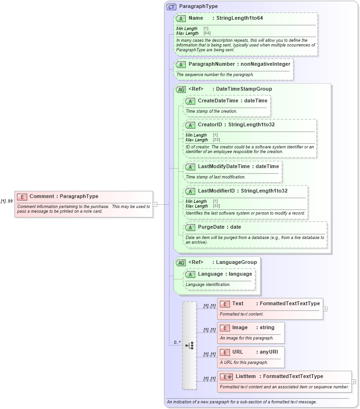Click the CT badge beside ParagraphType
(x=171, y=7)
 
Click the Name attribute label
(x=196, y=18)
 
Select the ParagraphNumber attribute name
(x=211, y=64)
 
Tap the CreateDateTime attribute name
(x=218, y=100)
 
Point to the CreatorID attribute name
(x=210, y=124)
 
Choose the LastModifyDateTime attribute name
(x=224, y=166)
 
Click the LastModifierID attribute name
(x=216, y=191)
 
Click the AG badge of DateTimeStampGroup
(x=181, y=89)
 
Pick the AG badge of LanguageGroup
(x=181, y=262)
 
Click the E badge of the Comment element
(x=22, y=197)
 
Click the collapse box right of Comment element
(x=155, y=204)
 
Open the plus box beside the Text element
(x=325, y=309)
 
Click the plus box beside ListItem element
(x=353, y=382)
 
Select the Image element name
(x=239, y=327)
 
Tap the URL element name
(x=237, y=352)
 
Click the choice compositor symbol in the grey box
(x=190, y=346)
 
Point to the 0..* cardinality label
(x=177, y=342)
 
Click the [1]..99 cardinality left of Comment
(x=7, y=201)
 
